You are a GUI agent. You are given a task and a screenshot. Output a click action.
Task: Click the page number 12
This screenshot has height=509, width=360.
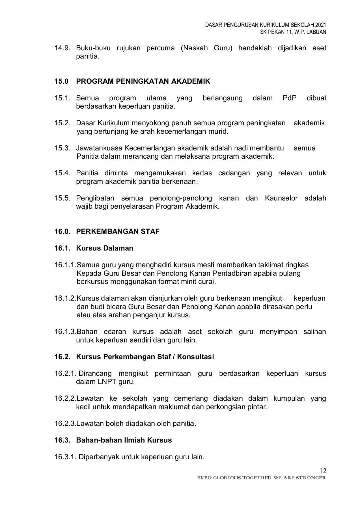323,471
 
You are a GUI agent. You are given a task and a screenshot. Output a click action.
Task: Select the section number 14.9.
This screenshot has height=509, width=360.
62,48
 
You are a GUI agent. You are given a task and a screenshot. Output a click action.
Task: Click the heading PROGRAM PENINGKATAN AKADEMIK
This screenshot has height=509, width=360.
143,81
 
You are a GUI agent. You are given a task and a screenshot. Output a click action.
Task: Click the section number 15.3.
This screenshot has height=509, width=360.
62,148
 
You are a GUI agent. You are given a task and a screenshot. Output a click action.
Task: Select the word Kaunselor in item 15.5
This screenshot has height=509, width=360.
281,198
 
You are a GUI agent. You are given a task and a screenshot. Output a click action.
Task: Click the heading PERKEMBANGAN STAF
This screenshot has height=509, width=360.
118,232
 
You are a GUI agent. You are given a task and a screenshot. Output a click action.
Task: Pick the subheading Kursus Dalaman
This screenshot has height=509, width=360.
105,248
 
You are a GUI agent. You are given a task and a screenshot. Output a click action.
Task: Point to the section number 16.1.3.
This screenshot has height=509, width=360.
65,332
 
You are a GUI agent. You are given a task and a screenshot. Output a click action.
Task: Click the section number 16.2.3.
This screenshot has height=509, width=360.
65,424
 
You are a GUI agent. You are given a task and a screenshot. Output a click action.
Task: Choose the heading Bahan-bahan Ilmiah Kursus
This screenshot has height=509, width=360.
124,440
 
